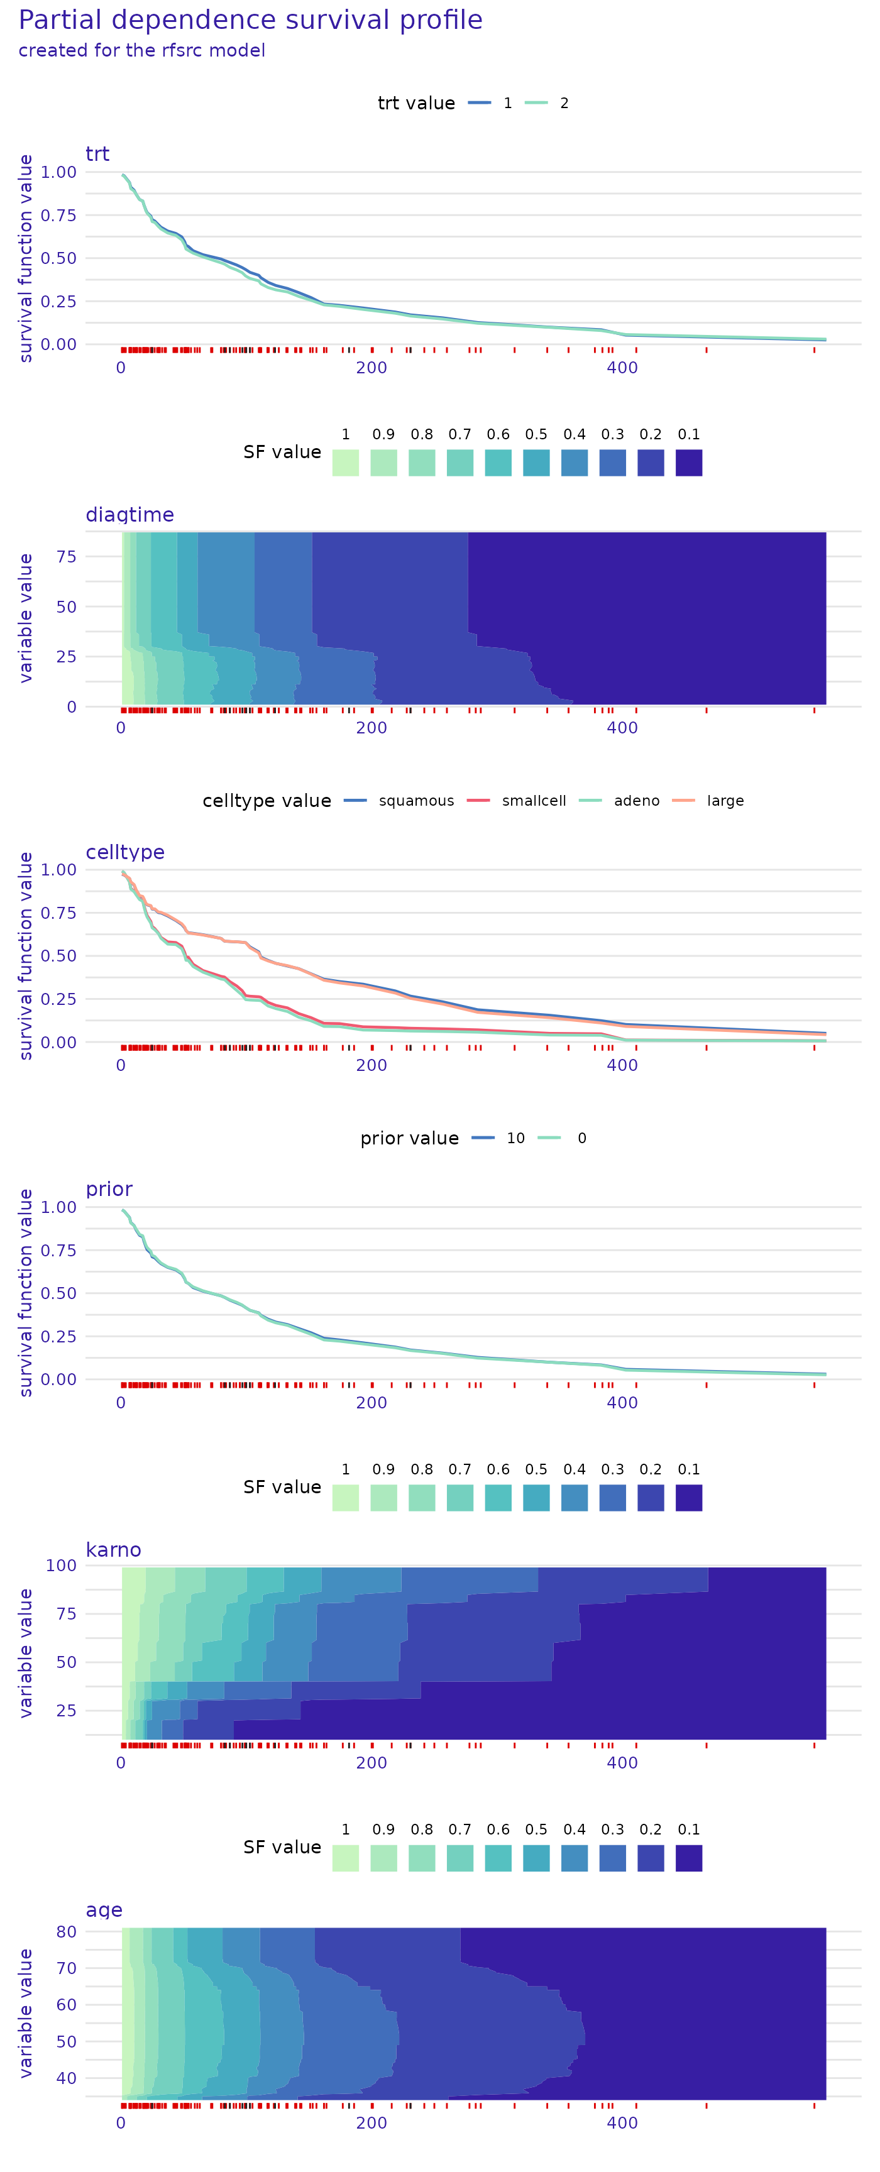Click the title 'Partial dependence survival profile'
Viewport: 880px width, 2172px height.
[x=250, y=20]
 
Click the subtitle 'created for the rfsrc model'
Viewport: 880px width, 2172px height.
[x=141, y=50]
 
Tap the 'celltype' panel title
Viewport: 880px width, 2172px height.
[x=124, y=852]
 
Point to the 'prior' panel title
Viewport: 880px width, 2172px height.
[x=109, y=1189]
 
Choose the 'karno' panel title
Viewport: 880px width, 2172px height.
[x=113, y=1550]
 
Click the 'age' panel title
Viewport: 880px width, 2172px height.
[x=104, y=1910]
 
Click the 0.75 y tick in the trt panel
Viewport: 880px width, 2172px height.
[x=58, y=215]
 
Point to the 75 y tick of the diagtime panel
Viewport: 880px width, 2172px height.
[x=67, y=556]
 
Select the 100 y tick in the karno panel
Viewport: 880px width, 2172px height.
[x=62, y=1565]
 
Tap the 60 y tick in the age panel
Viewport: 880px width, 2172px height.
[x=67, y=2005]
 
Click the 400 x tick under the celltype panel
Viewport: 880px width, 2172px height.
[x=622, y=1065]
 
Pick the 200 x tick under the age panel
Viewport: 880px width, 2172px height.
[x=371, y=2123]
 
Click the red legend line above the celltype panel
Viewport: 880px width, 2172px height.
[x=478, y=800]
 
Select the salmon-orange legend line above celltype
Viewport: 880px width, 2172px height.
[x=684, y=800]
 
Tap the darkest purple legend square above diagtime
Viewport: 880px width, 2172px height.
[x=689, y=463]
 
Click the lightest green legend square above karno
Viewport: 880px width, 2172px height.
[x=346, y=1498]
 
